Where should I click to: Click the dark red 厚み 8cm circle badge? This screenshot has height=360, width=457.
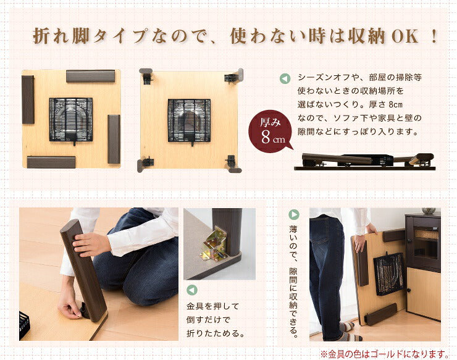270,132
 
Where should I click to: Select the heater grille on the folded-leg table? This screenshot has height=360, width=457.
71,119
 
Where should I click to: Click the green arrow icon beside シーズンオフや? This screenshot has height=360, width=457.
285,79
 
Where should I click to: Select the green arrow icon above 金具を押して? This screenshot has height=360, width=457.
192,289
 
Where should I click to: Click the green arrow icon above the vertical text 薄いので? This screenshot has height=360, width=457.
294,215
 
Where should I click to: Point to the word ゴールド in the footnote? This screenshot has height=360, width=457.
394,353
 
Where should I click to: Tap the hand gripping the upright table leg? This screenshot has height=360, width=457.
90,244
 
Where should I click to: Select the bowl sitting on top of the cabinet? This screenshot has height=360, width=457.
429,211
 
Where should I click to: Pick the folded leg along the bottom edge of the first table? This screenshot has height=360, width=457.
51,162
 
